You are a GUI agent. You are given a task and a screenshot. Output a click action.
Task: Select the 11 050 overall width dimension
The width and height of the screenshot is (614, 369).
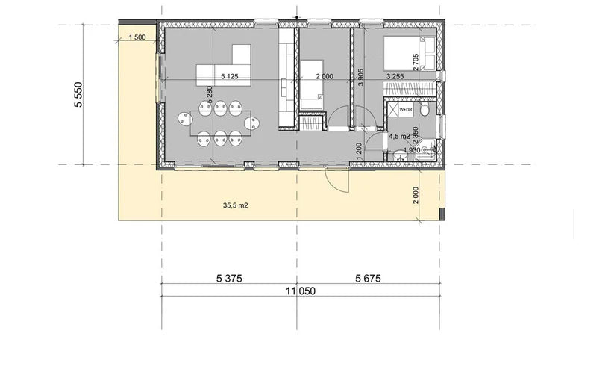click(x=298, y=293)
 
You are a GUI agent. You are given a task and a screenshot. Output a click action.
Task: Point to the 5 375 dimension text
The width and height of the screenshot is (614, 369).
click(x=230, y=278)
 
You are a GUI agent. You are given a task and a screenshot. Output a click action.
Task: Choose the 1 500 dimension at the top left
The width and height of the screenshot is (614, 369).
click(x=137, y=37)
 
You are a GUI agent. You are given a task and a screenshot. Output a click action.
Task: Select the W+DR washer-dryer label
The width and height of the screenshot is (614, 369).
click(x=405, y=110)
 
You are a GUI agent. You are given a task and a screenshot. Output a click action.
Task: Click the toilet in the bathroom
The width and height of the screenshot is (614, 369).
click(x=425, y=111)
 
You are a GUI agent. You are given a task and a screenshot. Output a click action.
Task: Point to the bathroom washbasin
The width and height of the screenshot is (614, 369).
click(x=426, y=150)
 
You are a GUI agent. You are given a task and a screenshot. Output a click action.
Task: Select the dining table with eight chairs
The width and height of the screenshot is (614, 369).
click(x=220, y=120)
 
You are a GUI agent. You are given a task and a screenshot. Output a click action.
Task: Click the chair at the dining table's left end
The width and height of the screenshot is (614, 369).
click(x=183, y=118)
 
